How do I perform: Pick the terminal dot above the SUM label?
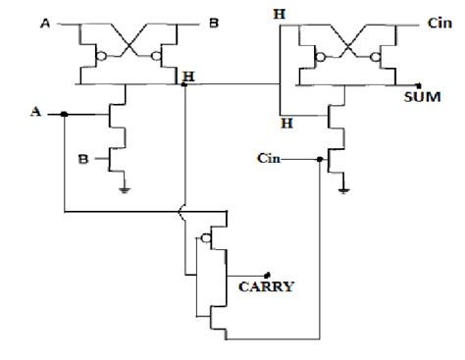(x=420, y=84)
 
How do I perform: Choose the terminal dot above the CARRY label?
(x=267, y=274)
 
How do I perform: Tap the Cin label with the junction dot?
(x=273, y=157)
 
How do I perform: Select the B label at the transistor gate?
(x=85, y=156)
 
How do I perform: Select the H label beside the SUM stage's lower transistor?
(x=286, y=123)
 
